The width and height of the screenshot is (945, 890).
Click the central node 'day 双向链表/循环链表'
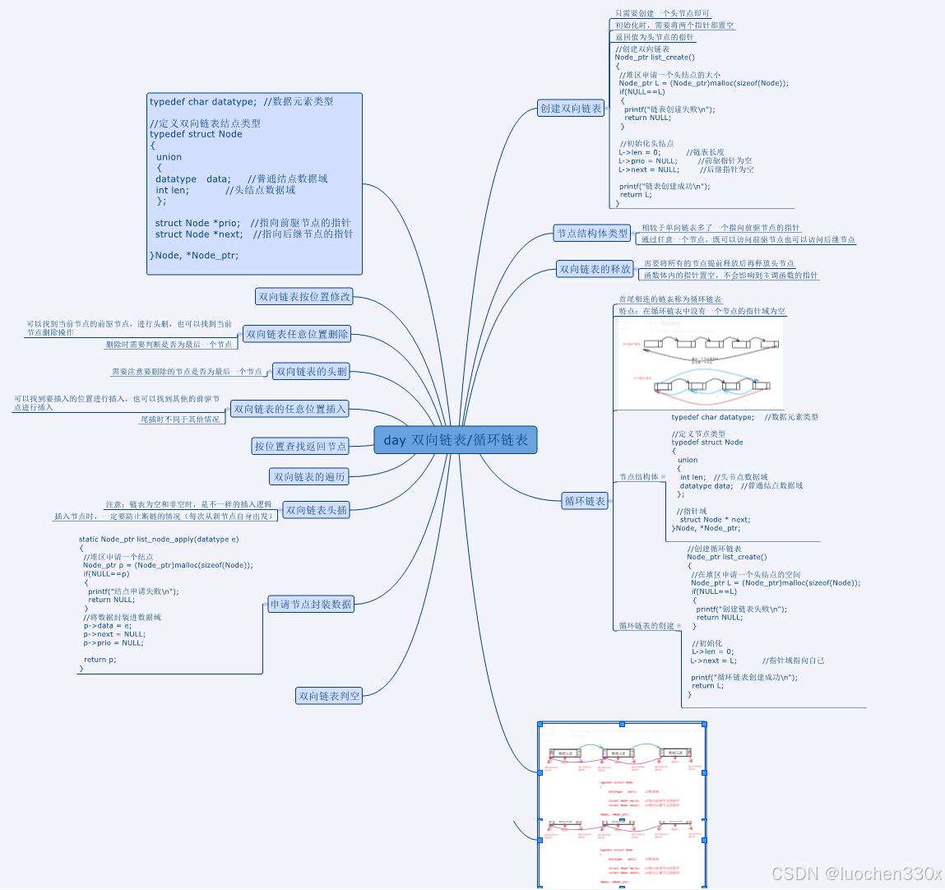coord(455,440)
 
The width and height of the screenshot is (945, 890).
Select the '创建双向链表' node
coord(571,109)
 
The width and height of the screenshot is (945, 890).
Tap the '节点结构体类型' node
coord(592,234)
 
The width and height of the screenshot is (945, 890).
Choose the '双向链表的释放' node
coord(595,269)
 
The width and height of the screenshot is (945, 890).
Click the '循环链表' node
coord(585,501)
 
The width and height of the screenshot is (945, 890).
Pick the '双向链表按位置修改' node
coord(304,296)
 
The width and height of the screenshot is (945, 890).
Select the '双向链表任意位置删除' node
coord(297,334)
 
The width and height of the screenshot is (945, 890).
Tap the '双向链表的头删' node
coord(312,372)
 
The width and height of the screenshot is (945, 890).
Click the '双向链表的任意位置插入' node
coord(290,409)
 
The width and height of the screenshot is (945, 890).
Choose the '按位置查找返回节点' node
coord(300,446)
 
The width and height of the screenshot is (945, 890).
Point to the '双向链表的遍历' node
coord(309,477)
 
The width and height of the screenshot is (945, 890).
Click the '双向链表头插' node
coord(317,510)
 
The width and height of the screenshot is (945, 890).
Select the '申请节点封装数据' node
coord(311,605)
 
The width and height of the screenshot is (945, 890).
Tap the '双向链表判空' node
coord(329,696)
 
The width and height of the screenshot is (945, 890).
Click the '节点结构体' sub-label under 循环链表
coord(639,477)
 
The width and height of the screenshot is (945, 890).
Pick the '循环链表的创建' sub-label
coord(646,626)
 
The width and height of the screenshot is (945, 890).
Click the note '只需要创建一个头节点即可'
coord(662,13)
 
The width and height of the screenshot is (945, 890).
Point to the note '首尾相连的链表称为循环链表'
coord(670,299)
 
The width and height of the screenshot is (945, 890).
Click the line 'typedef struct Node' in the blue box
coord(196,134)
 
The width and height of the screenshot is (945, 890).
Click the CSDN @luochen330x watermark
coord(855,873)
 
